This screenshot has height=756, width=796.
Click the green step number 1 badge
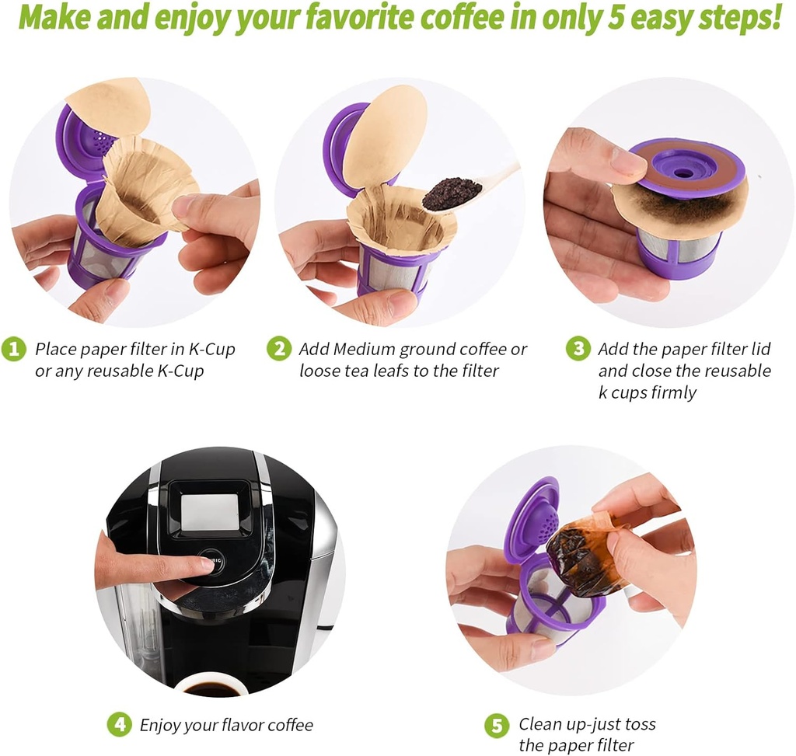click(x=13, y=349)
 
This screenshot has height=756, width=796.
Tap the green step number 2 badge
click(x=278, y=349)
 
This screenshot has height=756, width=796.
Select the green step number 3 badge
click(x=578, y=349)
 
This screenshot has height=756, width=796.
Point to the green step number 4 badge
click(x=118, y=725)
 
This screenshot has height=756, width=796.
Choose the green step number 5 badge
click(x=497, y=725)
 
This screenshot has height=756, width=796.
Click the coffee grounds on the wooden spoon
click(x=452, y=193)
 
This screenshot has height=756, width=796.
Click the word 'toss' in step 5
click(x=638, y=724)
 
